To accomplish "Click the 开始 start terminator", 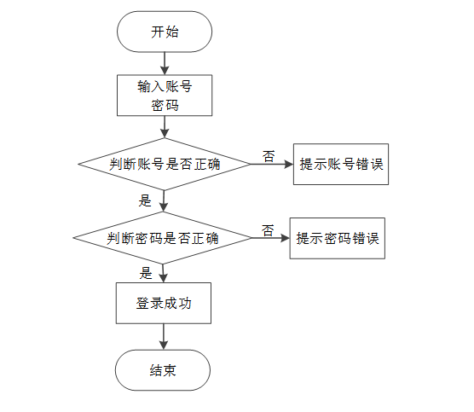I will tap(165, 32).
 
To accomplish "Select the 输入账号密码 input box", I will tap(163, 95).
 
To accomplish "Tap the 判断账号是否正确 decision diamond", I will tap(164, 165).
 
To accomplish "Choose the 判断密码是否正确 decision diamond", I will tap(163, 238).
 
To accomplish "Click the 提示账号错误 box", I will tap(340, 165).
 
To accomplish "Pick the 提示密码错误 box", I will tap(337, 238).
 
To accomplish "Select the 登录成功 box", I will tap(163, 302).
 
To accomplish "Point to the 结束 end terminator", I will tap(163, 370).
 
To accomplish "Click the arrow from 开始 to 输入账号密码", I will tap(164, 63).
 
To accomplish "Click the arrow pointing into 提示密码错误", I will tap(270, 238).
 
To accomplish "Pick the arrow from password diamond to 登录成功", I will tap(164, 273).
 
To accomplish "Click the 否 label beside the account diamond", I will tap(269, 156).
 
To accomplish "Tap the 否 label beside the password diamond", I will tap(268, 230).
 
